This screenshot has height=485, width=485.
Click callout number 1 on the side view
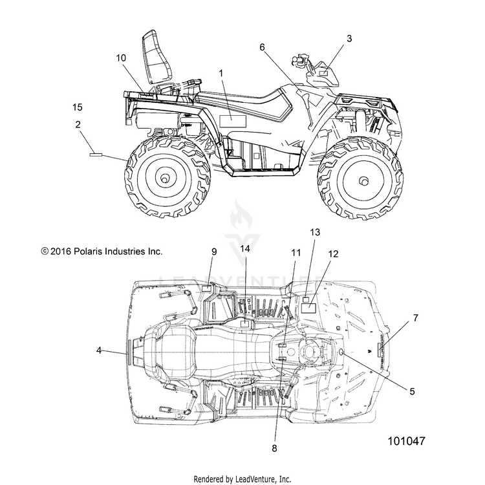tap(221, 73)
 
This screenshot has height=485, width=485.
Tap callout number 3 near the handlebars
tap(349, 39)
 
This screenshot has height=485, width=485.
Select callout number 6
tap(263, 47)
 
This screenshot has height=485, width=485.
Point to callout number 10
tap(121, 58)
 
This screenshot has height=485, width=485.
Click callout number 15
tap(78, 107)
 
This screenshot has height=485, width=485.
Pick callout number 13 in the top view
tap(315, 232)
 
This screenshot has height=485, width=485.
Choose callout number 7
tap(415, 318)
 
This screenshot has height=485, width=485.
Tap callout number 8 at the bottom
tap(274, 448)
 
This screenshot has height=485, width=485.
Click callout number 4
tap(99, 350)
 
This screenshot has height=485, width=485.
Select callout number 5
tap(412, 391)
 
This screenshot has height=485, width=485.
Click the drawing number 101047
tap(407, 441)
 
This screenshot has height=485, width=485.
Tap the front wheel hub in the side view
tap(364, 180)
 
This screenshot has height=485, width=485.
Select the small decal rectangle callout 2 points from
tap(96, 155)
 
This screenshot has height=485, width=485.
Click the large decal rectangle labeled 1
tap(233, 122)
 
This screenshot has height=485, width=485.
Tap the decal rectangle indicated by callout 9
tap(206, 288)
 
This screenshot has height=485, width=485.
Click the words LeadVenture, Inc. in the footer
tap(263, 479)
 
